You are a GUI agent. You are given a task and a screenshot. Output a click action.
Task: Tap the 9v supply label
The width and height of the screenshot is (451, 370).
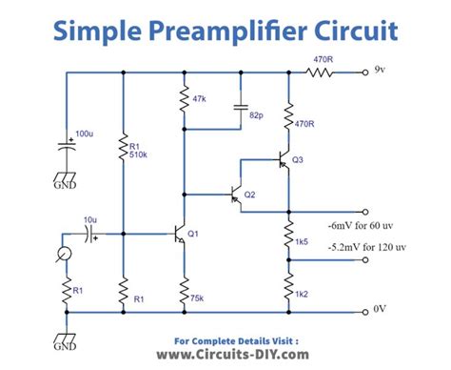click(x=380, y=70)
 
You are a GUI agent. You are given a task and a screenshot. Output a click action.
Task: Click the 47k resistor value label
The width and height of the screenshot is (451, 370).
click(x=201, y=98)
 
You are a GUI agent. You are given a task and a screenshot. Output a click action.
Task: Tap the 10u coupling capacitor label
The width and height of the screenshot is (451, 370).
click(x=90, y=220)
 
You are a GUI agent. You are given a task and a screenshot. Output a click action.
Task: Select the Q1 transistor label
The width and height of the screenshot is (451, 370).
click(x=192, y=234)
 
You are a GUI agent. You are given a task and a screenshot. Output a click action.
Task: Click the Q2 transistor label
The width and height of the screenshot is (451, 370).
click(x=249, y=195)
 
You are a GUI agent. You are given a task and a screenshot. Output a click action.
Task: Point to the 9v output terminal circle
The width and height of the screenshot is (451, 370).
click(x=363, y=71)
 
